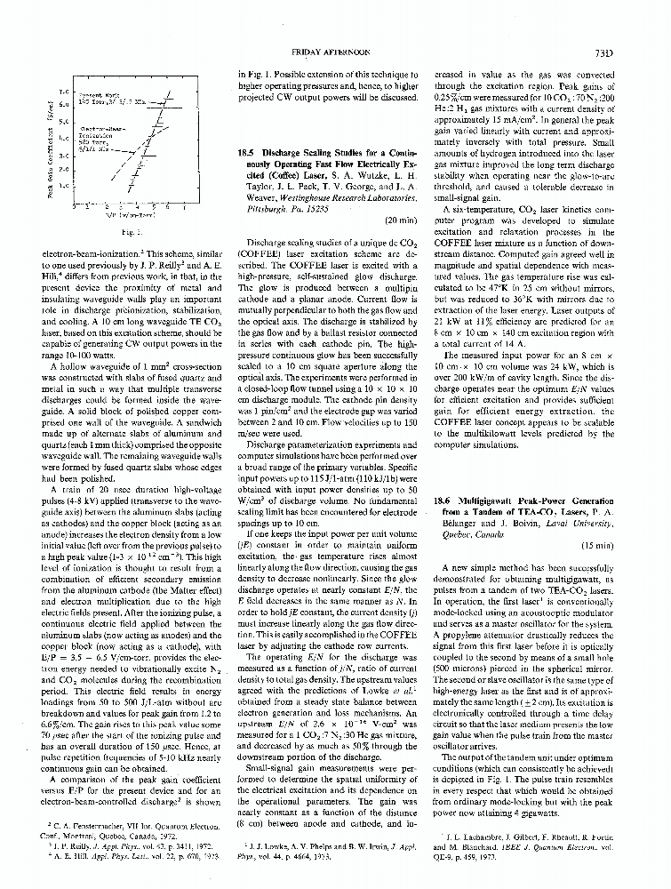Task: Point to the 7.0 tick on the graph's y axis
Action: coord(63,92)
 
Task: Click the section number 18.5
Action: coord(264,153)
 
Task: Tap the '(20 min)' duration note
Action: coord(399,220)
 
